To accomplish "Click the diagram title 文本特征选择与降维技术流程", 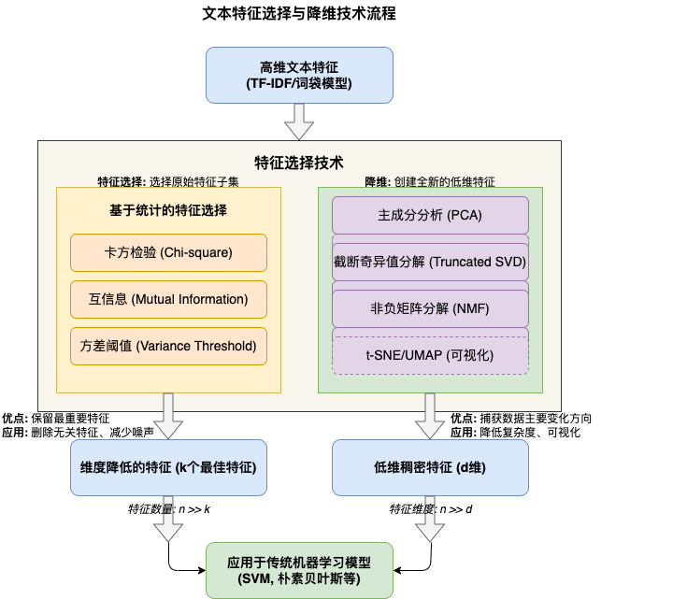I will click(x=299, y=15).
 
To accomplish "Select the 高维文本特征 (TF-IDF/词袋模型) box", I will click(x=299, y=75).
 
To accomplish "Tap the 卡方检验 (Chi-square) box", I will click(x=168, y=252).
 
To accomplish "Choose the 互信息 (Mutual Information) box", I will click(x=168, y=299).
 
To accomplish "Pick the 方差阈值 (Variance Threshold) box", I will click(x=168, y=346).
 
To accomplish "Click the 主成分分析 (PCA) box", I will click(x=430, y=215).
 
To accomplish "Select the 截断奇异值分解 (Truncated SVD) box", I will click(x=430, y=261).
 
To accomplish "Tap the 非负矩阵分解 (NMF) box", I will click(x=430, y=307).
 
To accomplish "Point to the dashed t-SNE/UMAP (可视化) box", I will click(x=430, y=355).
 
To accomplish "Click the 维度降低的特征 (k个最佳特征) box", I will click(x=168, y=466).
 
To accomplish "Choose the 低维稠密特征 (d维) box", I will click(x=430, y=466).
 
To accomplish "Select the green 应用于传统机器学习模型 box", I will click(x=299, y=570).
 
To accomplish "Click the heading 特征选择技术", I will click(x=299, y=162).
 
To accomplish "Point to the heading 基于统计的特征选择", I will click(x=168, y=210).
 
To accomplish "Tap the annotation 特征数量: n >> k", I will click(x=168, y=510).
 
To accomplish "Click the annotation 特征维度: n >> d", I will click(x=431, y=510).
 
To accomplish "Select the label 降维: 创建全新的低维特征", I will click(x=430, y=180).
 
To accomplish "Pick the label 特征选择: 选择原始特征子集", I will click(x=168, y=180).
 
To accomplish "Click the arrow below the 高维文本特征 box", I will click(x=299, y=121).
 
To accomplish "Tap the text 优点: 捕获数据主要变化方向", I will click(x=521, y=419).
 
